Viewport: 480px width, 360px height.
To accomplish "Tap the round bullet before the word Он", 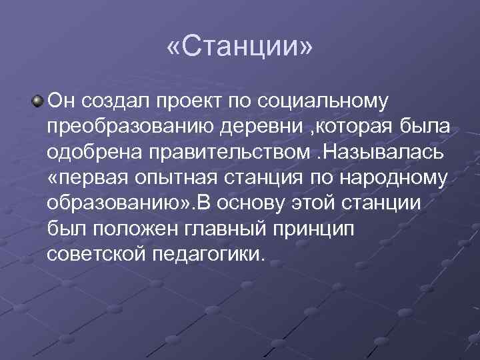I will (x=35, y=101).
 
